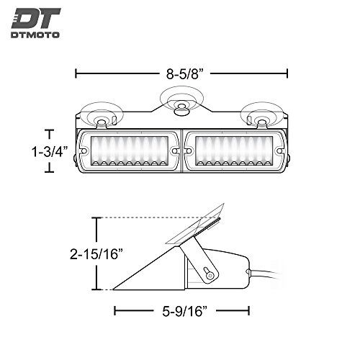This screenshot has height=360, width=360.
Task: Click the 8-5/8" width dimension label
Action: [185, 73]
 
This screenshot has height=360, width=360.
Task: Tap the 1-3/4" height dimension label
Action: [50, 152]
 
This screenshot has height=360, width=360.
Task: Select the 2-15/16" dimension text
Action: [96, 254]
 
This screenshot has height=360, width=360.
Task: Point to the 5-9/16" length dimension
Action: [184, 311]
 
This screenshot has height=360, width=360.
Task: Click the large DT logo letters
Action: [36, 18]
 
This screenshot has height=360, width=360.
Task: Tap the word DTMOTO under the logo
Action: [35, 35]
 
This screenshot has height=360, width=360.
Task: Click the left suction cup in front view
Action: [102, 114]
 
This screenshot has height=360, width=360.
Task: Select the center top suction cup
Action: [181, 99]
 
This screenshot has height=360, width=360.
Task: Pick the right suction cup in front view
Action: [261, 114]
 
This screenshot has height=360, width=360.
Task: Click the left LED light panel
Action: [130, 151]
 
